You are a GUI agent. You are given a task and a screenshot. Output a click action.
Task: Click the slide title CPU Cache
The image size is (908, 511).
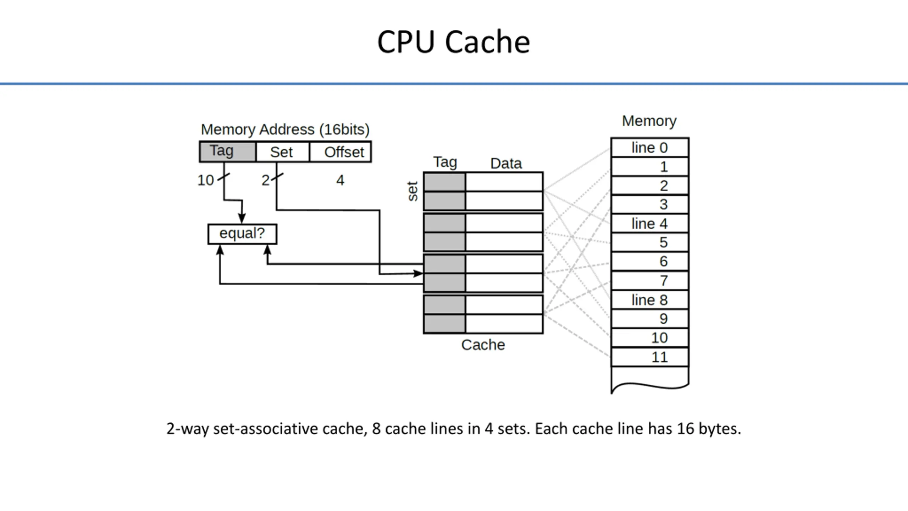(453, 42)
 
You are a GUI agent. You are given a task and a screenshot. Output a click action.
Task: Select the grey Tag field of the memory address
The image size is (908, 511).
(227, 152)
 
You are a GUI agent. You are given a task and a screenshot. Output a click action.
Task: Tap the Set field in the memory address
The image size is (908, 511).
(282, 152)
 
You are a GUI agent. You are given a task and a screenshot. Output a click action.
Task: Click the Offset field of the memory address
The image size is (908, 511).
(340, 152)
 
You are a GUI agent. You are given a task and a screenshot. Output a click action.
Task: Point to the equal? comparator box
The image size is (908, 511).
(242, 234)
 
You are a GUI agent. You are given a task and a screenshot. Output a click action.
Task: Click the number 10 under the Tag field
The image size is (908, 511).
(206, 180)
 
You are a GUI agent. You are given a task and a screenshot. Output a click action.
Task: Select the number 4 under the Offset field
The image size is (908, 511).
(340, 180)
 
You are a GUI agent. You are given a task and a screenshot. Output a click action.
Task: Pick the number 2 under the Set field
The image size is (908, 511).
(265, 180)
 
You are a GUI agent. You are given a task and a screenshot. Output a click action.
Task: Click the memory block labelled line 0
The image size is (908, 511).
(649, 148)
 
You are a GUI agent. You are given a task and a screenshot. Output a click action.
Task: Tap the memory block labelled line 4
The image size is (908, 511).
(649, 224)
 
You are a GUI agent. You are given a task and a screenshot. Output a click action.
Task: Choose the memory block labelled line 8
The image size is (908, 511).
(649, 300)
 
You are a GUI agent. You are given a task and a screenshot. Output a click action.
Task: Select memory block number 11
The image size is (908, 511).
(649, 357)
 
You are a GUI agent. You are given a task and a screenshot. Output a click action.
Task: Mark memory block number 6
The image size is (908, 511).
(649, 262)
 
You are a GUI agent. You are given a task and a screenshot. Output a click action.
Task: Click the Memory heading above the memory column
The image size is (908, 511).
(649, 121)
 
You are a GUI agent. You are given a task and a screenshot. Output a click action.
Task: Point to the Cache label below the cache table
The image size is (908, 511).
(483, 345)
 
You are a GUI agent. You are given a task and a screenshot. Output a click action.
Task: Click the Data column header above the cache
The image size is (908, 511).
(506, 164)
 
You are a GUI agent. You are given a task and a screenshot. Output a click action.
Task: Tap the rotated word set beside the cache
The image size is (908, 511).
(413, 191)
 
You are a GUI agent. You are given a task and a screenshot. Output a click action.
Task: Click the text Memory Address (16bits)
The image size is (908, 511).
(285, 130)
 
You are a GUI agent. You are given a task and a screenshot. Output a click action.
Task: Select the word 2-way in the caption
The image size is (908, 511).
(187, 429)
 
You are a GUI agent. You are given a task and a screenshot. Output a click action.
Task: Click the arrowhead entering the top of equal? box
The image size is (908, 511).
(242, 219)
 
